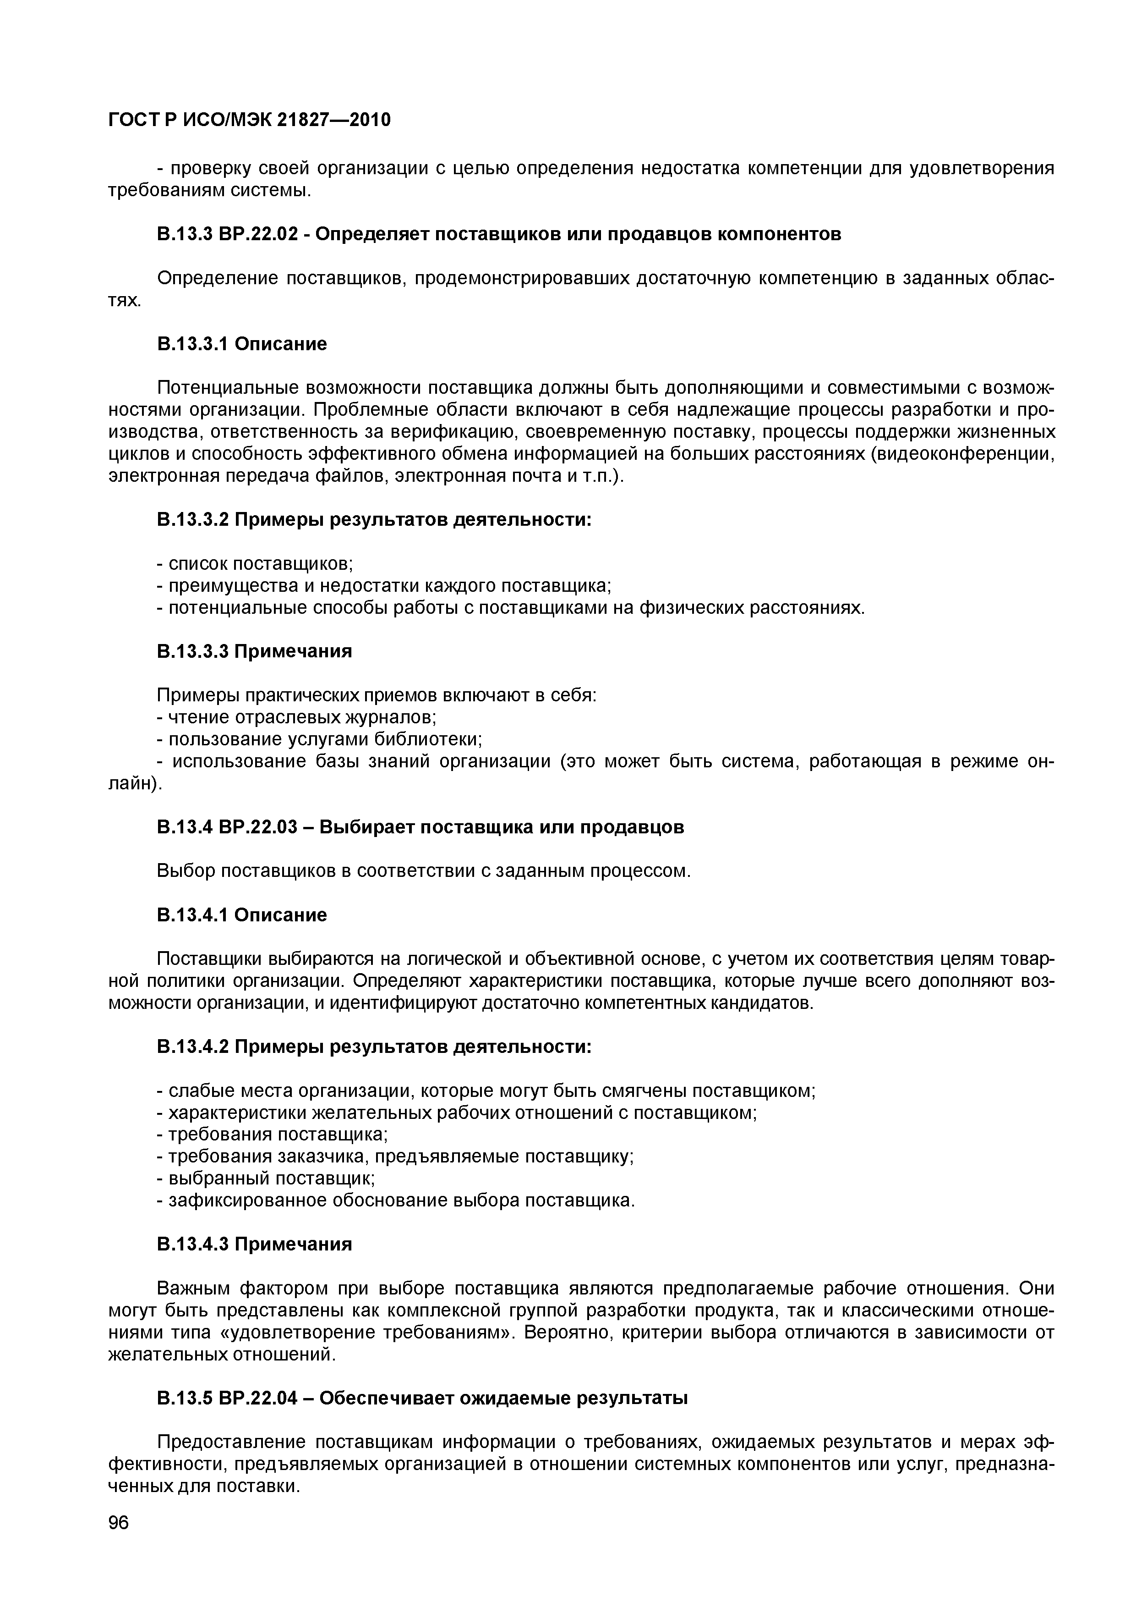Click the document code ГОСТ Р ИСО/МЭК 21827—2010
tap(249, 121)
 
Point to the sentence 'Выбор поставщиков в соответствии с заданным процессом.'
tap(423, 871)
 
